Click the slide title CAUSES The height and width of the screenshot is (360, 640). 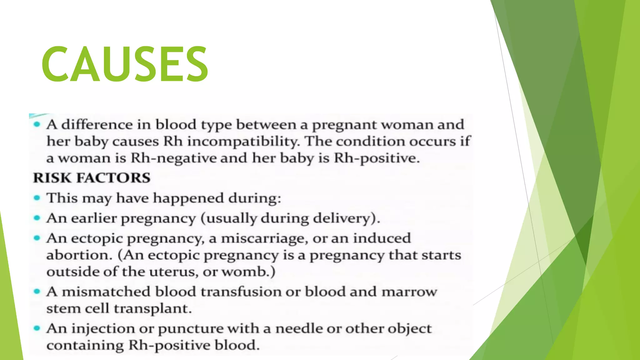(x=125, y=64)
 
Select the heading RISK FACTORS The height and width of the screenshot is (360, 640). (x=92, y=178)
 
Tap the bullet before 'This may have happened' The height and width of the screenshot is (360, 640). (x=37, y=198)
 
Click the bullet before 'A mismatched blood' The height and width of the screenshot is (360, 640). (x=37, y=292)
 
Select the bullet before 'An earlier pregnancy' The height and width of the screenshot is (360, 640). (x=37, y=218)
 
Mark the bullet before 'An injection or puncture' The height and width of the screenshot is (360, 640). (x=37, y=328)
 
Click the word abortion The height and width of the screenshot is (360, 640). (x=79, y=255)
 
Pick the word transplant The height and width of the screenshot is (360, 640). (x=152, y=309)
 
